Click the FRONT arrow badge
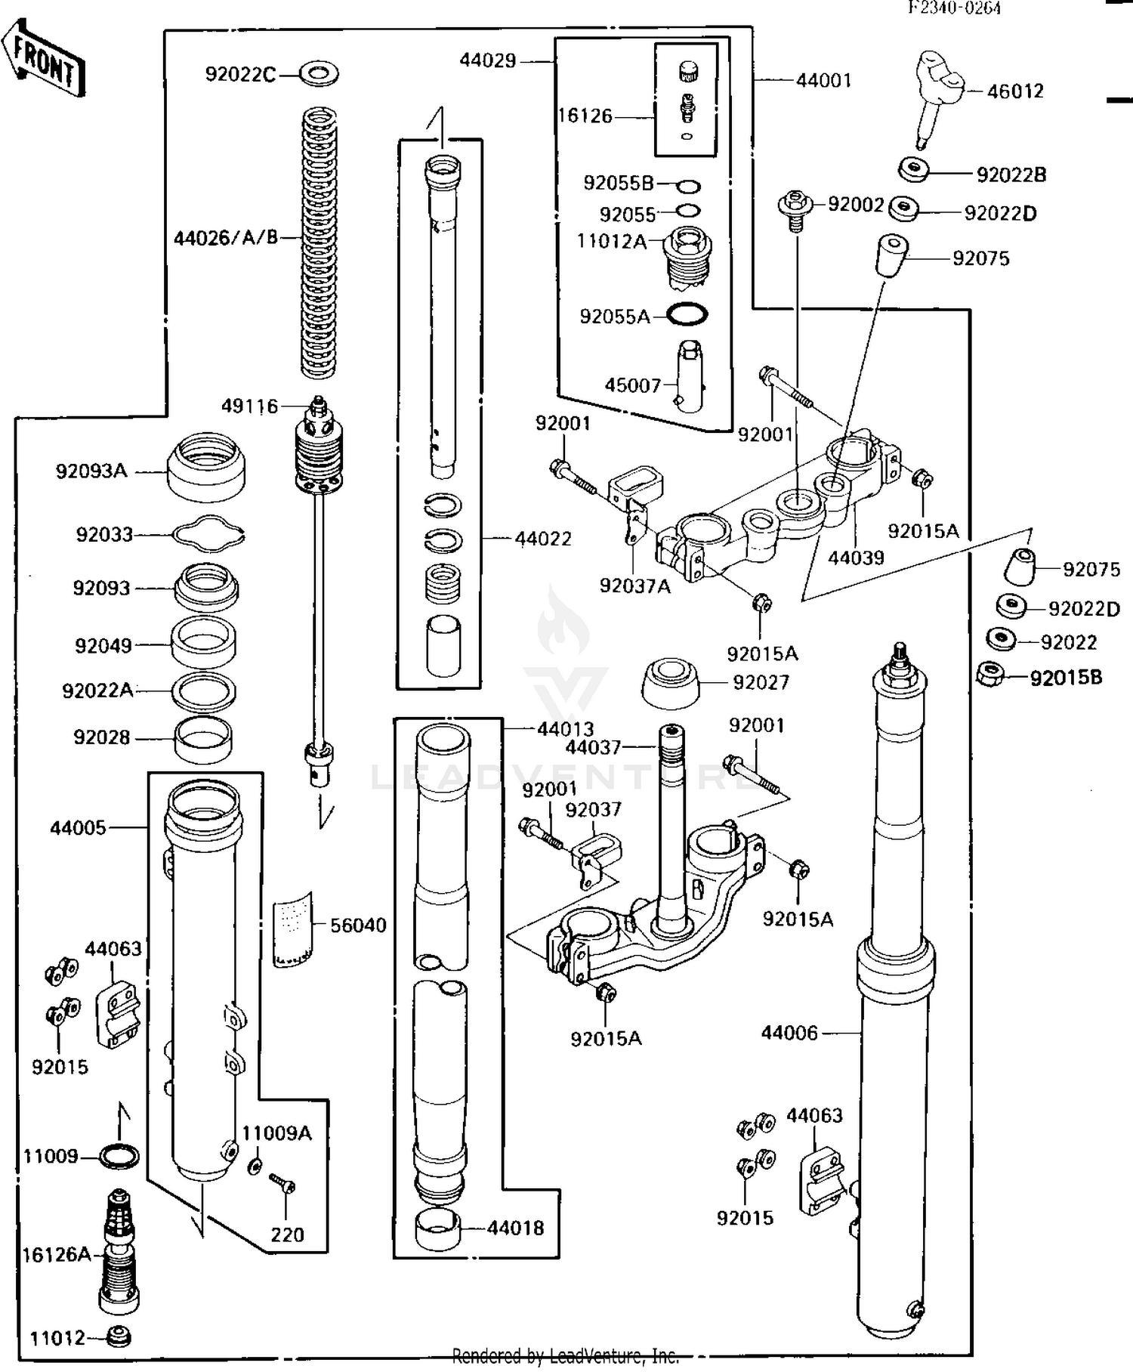tap(44, 57)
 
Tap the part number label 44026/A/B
tap(226, 239)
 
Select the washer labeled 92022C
tap(319, 74)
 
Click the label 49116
tap(249, 406)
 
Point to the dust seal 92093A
tap(205, 467)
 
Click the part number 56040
tap(358, 925)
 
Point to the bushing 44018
tap(438, 1231)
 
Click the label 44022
tap(543, 539)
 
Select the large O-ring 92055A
tap(687, 314)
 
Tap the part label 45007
tap(632, 385)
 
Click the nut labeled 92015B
tap(989, 674)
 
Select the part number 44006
tap(789, 1033)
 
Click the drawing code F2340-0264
tap(954, 8)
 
